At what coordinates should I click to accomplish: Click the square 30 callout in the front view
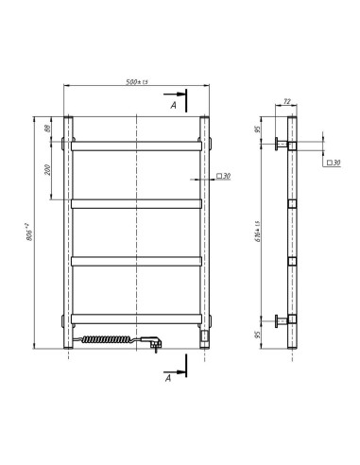click(x=222, y=176)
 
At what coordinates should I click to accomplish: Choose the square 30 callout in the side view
click(x=332, y=164)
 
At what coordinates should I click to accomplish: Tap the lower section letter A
click(x=167, y=377)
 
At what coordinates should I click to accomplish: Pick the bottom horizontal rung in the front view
click(x=137, y=317)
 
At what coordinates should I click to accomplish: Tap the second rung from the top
click(x=137, y=202)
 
